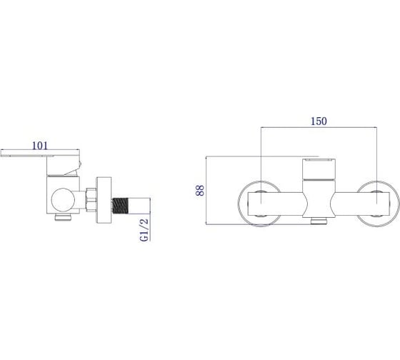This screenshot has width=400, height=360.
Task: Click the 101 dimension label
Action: click(x=40, y=146)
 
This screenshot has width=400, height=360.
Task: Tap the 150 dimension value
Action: click(x=319, y=121)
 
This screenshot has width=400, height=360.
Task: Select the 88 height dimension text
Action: click(x=200, y=190)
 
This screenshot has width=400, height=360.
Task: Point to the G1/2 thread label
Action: click(x=144, y=229)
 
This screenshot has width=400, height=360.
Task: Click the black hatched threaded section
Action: click(x=120, y=206)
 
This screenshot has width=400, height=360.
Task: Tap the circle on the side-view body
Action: click(x=63, y=200)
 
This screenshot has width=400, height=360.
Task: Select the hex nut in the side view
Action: click(x=91, y=200)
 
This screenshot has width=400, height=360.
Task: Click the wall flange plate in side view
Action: click(x=104, y=200)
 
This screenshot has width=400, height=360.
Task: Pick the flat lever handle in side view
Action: click(x=40, y=153)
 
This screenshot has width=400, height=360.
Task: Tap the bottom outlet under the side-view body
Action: click(x=64, y=217)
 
